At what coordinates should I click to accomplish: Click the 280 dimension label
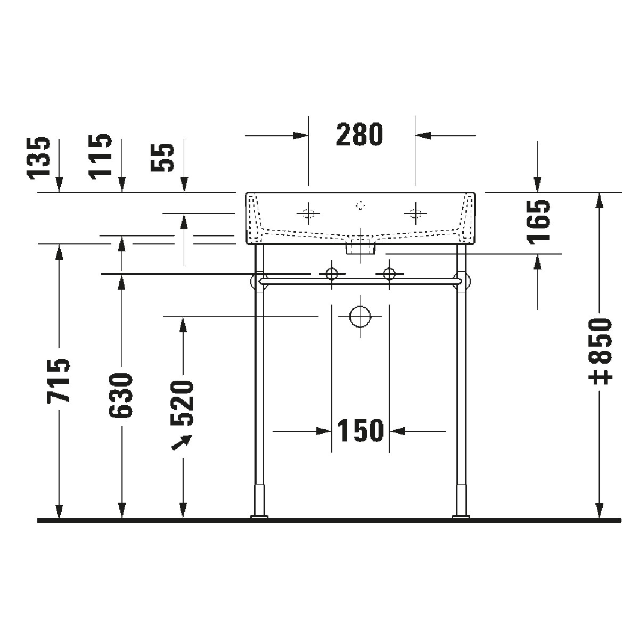tap(359, 135)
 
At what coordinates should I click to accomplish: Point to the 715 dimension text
tap(59, 380)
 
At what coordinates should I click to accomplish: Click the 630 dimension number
tap(121, 395)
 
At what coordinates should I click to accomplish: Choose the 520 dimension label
tap(182, 403)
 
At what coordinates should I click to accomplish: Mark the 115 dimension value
tap(101, 157)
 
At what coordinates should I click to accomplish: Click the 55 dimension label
tap(162, 158)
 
